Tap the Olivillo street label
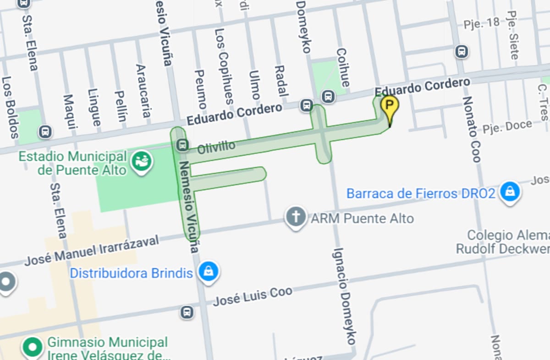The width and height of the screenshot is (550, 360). pyautogui.click(x=216, y=147)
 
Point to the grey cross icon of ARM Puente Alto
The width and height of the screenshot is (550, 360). pyautogui.click(x=296, y=217)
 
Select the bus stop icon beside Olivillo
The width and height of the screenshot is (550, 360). pyautogui.click(x=182, y=145)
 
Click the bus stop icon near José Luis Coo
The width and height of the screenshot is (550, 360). pyautogui.click(x=187, y=312)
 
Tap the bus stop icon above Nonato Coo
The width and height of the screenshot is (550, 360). pyautogui.click(x=462, y=51)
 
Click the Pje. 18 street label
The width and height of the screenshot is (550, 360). pyautogui.click(x=481, y=23)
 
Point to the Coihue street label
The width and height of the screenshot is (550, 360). pyautogui.click(x=342, y=67)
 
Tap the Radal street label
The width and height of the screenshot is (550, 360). pyautogui.click(x=280, y=81)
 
